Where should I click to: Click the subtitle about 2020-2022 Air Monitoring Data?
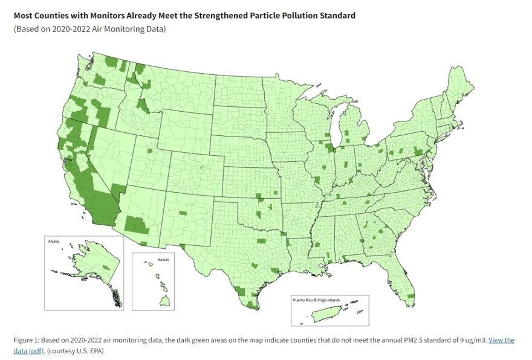click(x=89, y=29)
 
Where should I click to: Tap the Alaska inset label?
click(x=54, y=240)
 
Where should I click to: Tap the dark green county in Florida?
click(x=411, y=296)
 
